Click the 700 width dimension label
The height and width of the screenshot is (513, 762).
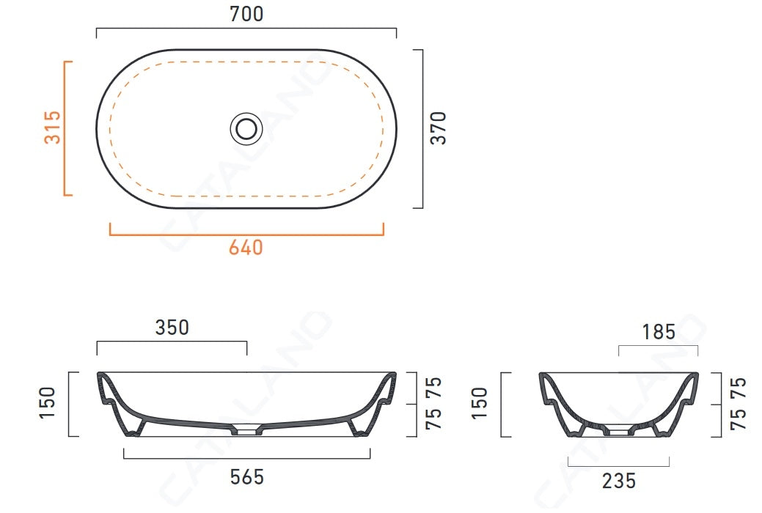[x=246, y=14]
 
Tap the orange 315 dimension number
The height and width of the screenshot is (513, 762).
[x=53, y=128]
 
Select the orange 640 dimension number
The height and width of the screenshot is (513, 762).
[x=246, y=248]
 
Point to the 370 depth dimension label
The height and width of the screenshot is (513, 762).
[x=439, y=128]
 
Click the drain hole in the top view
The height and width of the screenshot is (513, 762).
[x=246, y=128]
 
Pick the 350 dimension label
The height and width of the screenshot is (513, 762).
[x=172, y=328]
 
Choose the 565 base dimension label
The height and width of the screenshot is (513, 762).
[x=247, y=477]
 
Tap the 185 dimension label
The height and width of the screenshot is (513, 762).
[x=659, y=332]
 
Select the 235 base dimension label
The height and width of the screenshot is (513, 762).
[x=619, y=481]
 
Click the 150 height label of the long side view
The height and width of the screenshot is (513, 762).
[x=48, y=403]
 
